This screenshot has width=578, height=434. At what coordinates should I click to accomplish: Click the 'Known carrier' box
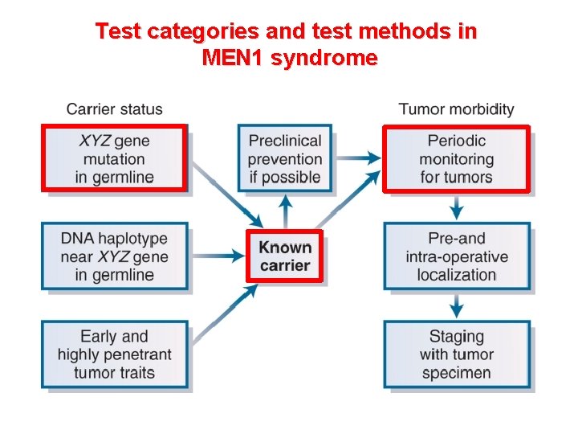tap(284, 256)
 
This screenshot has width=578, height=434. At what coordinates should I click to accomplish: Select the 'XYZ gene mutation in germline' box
tap(114, 158)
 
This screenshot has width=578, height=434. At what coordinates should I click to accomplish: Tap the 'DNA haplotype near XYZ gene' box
tap(114, 256)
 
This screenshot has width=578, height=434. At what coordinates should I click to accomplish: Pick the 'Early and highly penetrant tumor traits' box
tap(114, 354)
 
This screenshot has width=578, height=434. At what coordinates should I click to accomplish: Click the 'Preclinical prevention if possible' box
tap(284, 158)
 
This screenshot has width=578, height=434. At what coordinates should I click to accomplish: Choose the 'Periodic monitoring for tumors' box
tap(456, 158)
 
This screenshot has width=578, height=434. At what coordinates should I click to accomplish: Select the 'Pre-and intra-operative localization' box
tap(456, 256)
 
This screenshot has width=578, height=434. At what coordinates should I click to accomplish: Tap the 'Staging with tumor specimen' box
tap(456, 354)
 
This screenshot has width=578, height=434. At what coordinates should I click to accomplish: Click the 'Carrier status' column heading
tap(114, 109)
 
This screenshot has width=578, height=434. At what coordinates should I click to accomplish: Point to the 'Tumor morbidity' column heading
tap(456, 109)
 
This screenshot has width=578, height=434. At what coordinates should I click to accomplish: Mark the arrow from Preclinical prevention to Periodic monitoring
tap(357, 158)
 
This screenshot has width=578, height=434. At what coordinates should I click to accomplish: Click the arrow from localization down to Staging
tap(456, 305)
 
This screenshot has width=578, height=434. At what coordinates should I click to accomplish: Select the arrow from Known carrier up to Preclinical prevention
tap(284, 211)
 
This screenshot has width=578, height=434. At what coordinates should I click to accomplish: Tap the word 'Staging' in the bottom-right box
tap(456, 336)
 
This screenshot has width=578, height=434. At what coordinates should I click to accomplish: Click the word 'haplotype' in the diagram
tap(133, 239)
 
